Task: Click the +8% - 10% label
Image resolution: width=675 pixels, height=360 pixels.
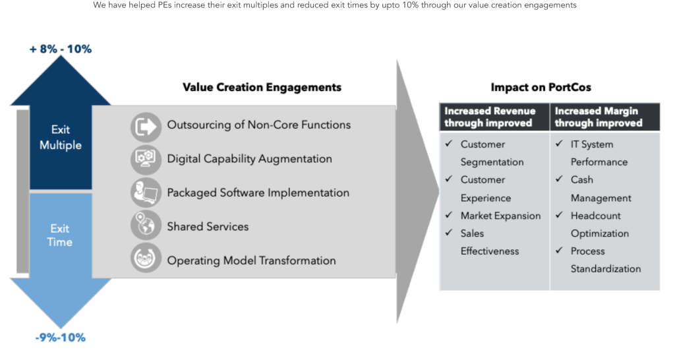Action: (60, 49)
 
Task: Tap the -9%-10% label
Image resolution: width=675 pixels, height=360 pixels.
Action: (60, 338)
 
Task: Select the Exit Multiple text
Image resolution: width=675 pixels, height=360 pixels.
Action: (60, 137)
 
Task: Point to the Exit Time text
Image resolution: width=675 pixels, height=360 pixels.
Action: (60, 235)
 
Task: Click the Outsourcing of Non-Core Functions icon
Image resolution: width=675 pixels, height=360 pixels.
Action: (146, 127)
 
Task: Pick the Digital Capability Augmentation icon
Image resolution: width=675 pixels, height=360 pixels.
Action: (146, 160)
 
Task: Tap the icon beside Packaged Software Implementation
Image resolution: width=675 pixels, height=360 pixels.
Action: (146, 193)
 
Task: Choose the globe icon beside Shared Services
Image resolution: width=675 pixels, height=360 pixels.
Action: (146, 225)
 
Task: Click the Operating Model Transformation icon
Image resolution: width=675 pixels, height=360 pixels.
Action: (146, 258)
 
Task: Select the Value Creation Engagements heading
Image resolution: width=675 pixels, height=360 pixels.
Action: (262, 88)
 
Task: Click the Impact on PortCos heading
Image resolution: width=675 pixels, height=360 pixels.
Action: (541, 88)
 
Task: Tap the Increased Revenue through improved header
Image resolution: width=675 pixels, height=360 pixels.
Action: (490, 117)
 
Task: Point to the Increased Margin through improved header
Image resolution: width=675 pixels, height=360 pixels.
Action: (599, 117)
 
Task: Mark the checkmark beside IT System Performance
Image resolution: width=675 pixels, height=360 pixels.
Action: (559, 143)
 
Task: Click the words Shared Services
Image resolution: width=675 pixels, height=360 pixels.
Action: (208, 227)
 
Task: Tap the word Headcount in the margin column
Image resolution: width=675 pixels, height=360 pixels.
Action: (596, 216)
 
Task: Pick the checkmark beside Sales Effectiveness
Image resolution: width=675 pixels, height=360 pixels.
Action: (449, 232)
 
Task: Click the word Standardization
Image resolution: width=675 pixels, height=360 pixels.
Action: (606, 269)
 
